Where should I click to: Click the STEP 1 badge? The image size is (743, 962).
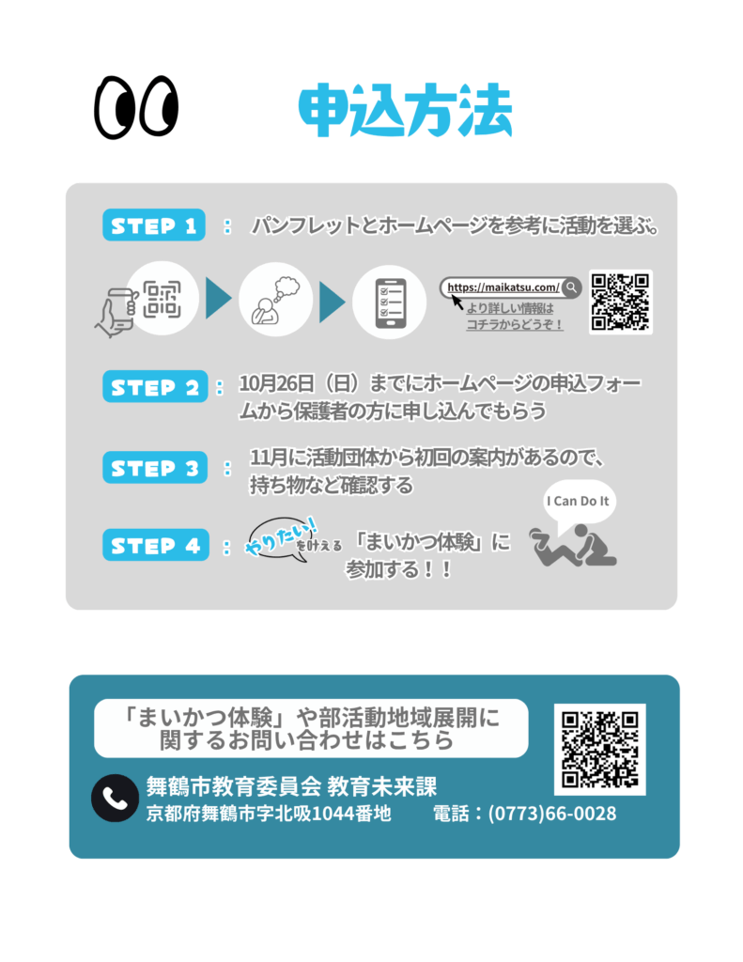tap(153, 226)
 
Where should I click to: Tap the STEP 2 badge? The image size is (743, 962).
tap(153, 387)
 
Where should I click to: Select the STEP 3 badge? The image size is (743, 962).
tap(153, 468)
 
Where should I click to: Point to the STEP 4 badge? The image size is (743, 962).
tap(153, 546)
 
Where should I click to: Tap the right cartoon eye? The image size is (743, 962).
tap(157, 104)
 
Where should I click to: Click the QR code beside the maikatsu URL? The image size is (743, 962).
tap(620, 302)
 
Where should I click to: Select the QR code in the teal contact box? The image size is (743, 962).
tap(599, 749)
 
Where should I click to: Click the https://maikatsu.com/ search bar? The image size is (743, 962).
tap(503, 287)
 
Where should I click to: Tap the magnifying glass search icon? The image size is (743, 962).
tap(570, 287)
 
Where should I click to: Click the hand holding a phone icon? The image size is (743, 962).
tap(116, 309)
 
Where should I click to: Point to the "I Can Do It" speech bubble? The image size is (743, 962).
tap(579, 502)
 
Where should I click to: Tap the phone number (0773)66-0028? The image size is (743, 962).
tap(552, 814)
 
